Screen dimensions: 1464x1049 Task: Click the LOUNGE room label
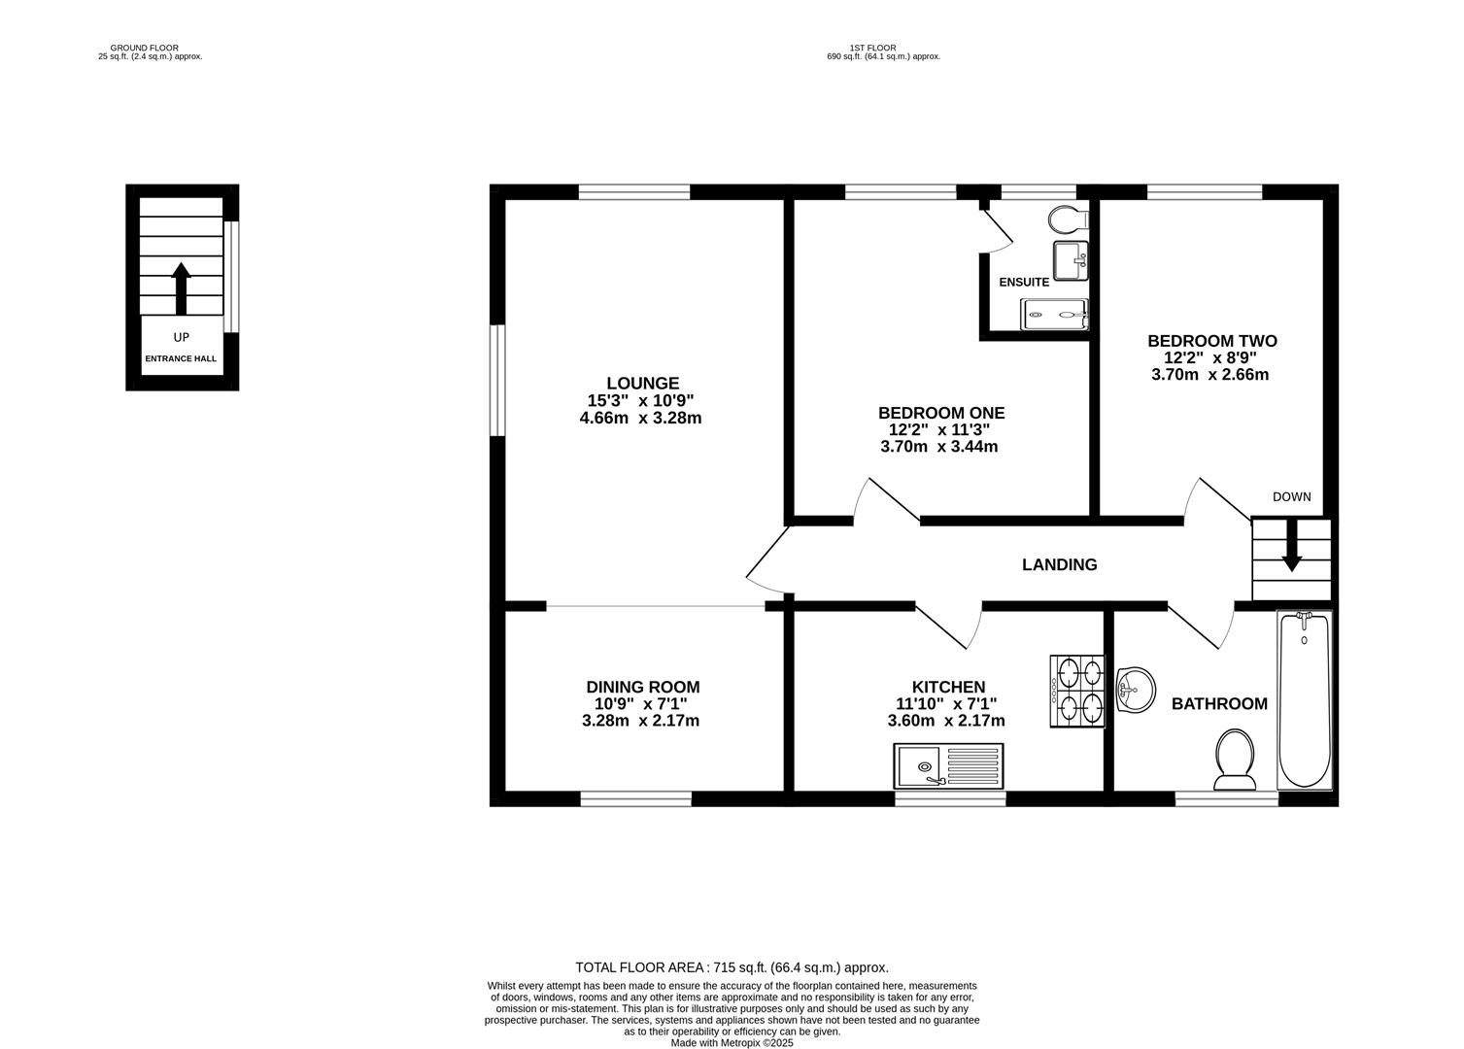[x=642, y=383]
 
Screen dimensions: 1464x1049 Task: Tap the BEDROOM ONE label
[x=941, y=413]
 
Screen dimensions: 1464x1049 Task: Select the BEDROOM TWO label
[x=1212, y=341]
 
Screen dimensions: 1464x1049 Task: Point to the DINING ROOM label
[x=642, y=688]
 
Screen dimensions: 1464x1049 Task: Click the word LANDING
[x=1060, y=564]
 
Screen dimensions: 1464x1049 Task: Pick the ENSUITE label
[x=1024, y=283]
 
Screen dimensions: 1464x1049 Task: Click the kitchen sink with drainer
[x=948, y=765]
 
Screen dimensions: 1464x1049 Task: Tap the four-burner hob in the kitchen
[x=1077, y=691]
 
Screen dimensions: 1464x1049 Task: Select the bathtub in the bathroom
[x=1305, y=700]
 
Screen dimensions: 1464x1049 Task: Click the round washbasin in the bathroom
[x=1136, y=690]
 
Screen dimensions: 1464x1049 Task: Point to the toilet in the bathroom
[x=1234, y=760]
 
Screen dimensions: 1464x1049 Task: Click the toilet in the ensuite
[x=1068, y=220]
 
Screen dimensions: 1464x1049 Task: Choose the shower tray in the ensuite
[x=1055, y=315]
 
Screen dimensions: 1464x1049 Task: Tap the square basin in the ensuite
[x=1071, y=260]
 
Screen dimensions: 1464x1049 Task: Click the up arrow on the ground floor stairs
[x=181, y=288]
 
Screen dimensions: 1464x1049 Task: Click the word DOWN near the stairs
[x=1291, y=496]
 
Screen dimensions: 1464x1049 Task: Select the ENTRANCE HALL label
[x=181, y=358]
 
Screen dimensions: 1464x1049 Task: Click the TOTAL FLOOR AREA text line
[x=732, y=968]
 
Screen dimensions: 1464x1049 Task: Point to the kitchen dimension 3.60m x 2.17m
[x=945, y=721]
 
